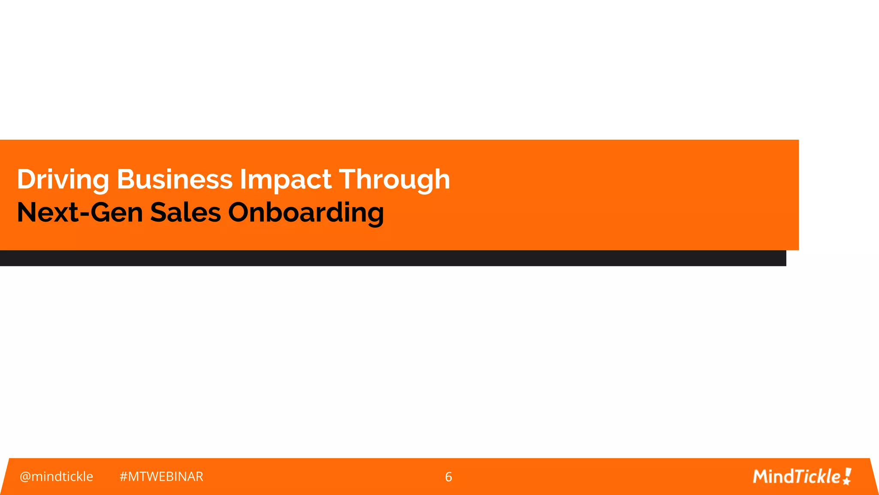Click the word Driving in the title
[63, 180]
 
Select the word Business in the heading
[174, 179]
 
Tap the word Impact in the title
[285, 180]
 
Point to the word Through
[394, 180]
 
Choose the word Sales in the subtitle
[185, 212]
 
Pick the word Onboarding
[306, 213]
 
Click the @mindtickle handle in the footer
[56, 477]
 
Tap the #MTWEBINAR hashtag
[161, 477]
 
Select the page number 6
[449, 477]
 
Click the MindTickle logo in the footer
[802, 477]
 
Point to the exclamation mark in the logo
[847, 476]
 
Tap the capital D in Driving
[26, 179]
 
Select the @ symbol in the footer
[25, 477]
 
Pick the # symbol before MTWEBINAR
[124, 477]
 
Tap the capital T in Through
[350, 179]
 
